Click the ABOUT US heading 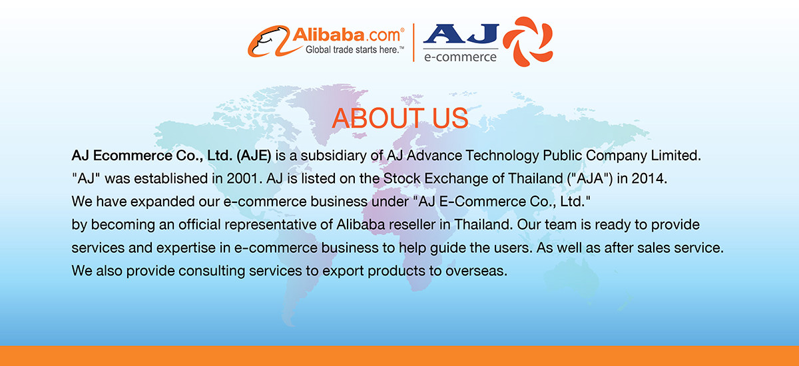[400, 118]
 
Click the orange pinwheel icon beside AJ [527, 41]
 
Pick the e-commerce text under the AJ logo [460, 57]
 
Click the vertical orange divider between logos [414, 42]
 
